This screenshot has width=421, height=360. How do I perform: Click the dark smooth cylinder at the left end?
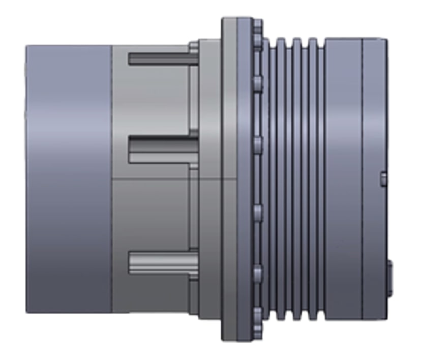[x=68, y=178]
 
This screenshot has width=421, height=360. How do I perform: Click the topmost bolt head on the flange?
[x=258, y=25]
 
